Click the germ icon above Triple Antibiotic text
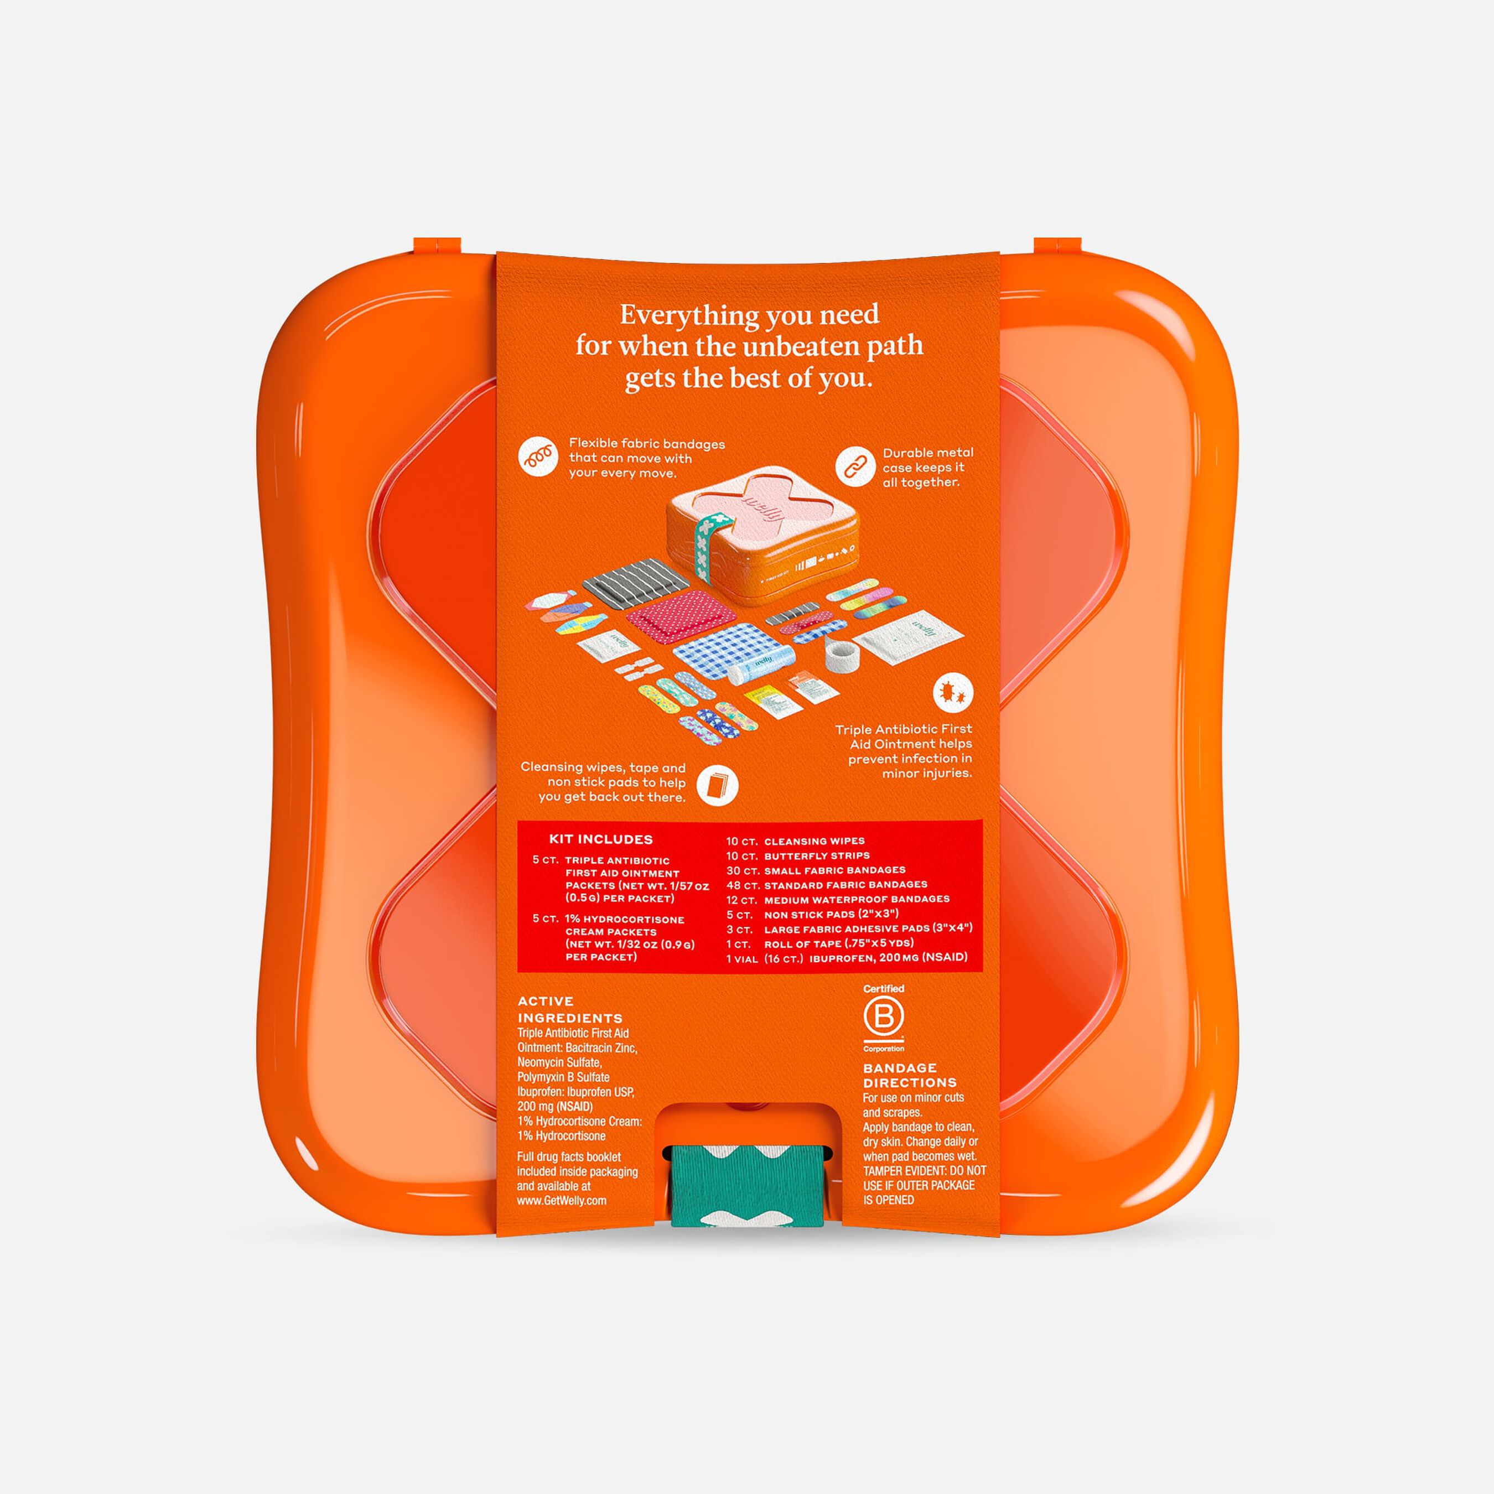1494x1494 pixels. (x=953, y=694)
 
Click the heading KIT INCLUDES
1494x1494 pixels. (x=601, y=839)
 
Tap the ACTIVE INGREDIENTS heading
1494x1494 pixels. (x=570, y=1009)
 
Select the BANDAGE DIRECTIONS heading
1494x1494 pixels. (x=909, y=1075)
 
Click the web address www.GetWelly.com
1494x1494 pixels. (x=562, y=1200)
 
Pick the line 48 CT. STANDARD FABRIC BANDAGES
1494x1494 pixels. (x=826, y=885)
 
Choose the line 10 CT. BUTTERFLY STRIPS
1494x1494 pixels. (x=797, y=856)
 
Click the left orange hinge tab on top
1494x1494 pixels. (x=437, y=246)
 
